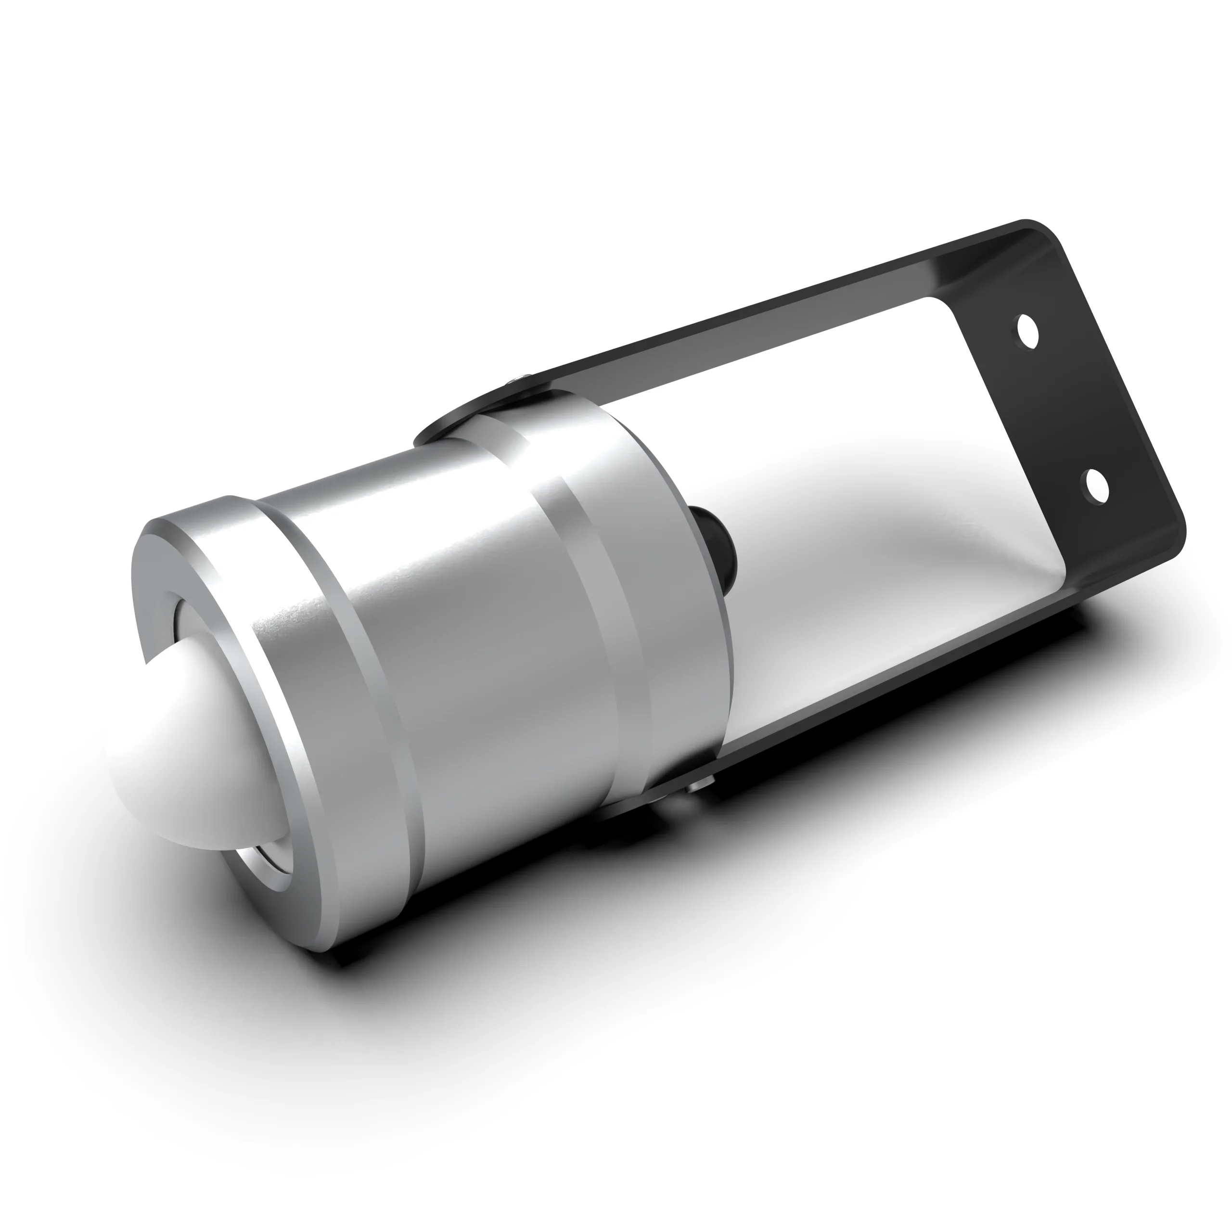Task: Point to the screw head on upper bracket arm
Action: coord(518,381)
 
